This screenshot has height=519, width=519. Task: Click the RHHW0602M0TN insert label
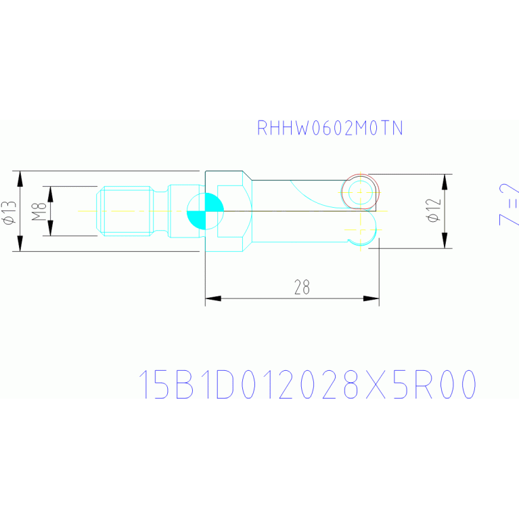click(330, 129)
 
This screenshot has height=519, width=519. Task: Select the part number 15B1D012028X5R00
click(307, 385)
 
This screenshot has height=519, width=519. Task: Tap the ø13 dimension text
click(8, 211)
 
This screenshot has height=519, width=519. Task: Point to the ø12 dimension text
click(434, 210)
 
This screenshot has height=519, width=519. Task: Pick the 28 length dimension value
click(302, 288)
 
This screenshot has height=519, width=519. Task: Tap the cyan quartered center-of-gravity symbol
click(205, 211)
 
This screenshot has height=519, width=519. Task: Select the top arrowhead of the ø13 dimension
click(20, 179)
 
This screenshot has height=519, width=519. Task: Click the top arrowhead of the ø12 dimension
click(445, 182)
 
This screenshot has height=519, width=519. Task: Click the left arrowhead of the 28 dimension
click(214, 298)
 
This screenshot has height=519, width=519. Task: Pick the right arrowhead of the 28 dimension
click(370, 298)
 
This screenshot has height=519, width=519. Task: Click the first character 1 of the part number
click(144, 385)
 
